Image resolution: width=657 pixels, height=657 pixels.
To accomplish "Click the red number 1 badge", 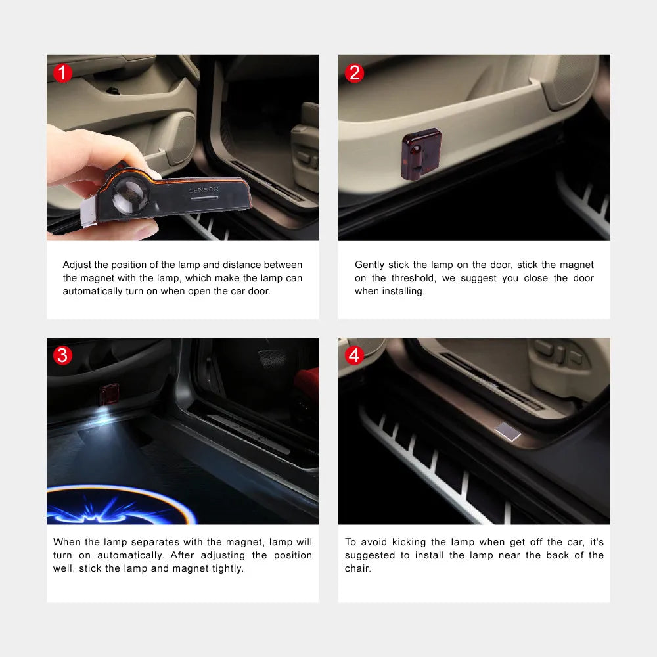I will tap(62, 73).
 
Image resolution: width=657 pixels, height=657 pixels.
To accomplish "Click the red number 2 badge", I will tap(354, 73).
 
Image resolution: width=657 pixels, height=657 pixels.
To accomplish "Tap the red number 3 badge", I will tap(62, 355).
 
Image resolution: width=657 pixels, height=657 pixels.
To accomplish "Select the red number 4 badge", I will tap(354, 355).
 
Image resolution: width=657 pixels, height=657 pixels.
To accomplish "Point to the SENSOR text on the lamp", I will tap(204, 190).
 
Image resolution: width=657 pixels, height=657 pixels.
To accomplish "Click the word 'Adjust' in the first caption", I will tap(76, 265).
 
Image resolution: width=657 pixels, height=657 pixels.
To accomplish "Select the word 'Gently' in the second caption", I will tap(369, 265).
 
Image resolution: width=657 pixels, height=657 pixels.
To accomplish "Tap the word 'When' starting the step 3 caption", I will tap(66, 542).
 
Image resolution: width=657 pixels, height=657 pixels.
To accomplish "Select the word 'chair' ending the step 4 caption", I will tap(357, 568).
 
